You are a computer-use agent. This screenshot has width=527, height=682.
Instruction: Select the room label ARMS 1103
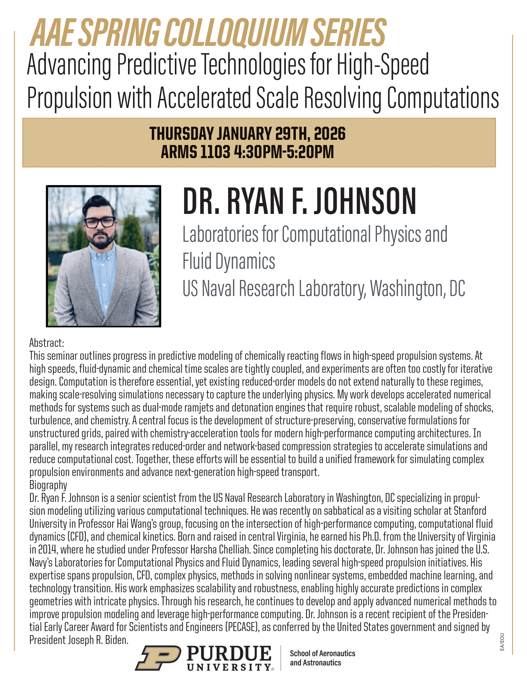pyautogui.click(x=195, y=152)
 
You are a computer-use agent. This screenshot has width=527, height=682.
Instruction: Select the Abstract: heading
pyautogui.click(x=47, y=343)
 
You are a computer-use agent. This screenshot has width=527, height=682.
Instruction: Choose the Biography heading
pyautogui.click(x=48, y=485)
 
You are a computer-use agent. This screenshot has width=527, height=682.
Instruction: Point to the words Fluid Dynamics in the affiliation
pyautogui.click(x=229, y=261)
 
